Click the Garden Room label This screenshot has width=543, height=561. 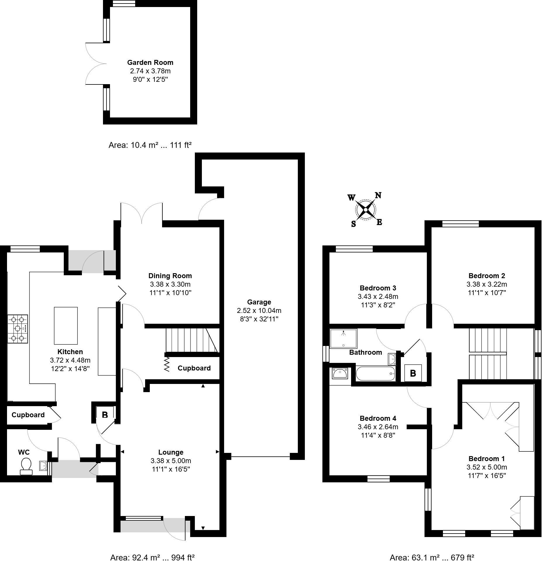[150, 63]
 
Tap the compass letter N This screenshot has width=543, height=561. [378, 195]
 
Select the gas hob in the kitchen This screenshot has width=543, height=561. [18, 329]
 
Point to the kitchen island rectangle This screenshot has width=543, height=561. [66, 325]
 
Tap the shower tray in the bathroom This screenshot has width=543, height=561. [343, 338]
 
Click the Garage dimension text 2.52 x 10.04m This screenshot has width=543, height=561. [259, 311]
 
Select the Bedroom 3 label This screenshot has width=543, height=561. [378, 288]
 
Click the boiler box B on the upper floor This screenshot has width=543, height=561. [413, 373]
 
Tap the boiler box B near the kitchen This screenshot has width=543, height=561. [105, 415]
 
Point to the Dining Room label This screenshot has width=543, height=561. [170, 276]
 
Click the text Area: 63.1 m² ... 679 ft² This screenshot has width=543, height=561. [432, 557]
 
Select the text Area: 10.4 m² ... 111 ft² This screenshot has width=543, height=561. [150, 145]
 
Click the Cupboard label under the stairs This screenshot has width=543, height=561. [194, 368]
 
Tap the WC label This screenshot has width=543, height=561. [24, 452]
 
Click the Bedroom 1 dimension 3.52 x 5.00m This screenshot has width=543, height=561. [487, 467]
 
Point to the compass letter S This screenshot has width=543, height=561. [353, 224]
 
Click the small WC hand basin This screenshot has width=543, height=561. [43, 465]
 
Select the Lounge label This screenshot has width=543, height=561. [171, 452]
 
